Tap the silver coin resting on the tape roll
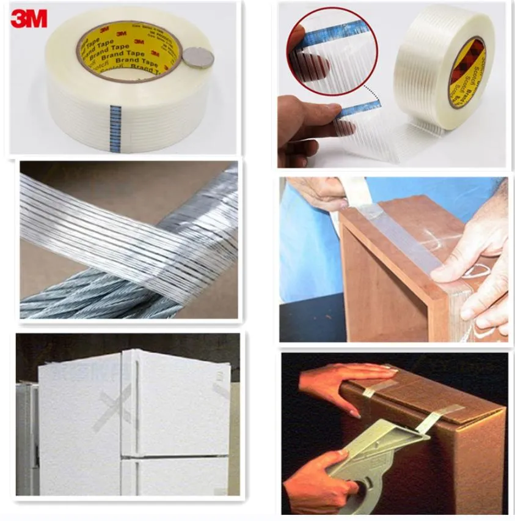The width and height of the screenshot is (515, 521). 199,58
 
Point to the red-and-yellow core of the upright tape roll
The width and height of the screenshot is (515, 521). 466,72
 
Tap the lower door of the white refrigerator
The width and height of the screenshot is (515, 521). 177,477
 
